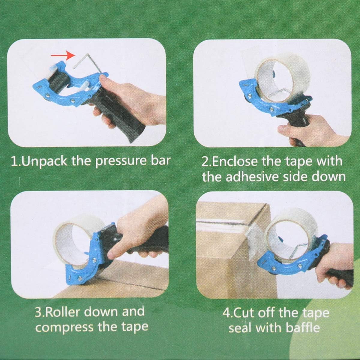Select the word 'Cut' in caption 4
pyautogui.click(x=242, y=313)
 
